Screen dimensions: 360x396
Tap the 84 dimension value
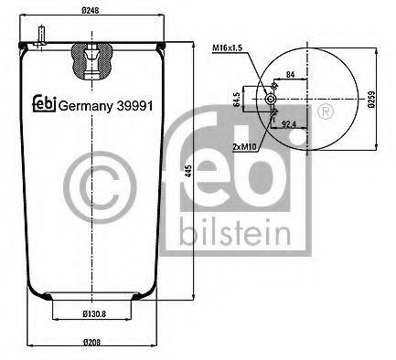290,74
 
